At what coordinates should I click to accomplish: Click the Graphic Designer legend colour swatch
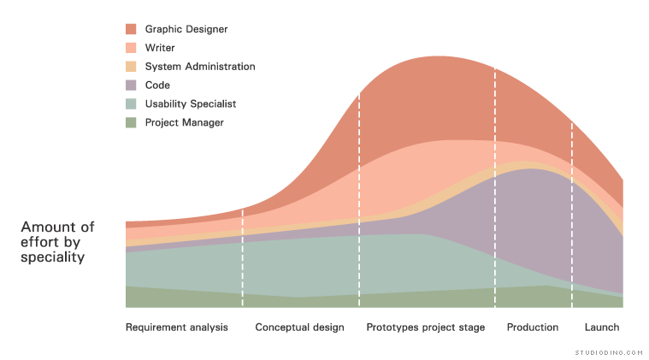coord(131,29)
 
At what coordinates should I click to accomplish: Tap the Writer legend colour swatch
coord(131,48)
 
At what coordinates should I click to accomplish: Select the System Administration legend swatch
coord(131,67)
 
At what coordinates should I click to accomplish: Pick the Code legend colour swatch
coord(131,86)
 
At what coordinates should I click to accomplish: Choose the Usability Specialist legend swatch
coord(131,104)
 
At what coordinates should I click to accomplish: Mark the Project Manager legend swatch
coord(131,123)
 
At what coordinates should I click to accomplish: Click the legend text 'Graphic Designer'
coord(186,29)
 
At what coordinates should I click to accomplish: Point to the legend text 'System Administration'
coord(200,67)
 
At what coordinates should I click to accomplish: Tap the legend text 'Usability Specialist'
coord(191,104)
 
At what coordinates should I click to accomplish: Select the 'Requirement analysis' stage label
coord(177,328)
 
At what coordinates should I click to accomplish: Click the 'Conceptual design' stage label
coord(299,328)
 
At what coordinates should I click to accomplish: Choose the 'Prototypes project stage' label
coord(425,328)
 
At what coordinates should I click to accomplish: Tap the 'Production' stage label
coord(532,328)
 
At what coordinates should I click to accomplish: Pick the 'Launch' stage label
coord(602,328)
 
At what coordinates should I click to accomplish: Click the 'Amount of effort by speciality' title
coord(57,241)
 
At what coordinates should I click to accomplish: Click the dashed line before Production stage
coord(495,188)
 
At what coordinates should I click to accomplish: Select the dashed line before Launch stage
coord(571,214)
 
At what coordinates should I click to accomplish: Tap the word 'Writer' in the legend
coord(160,48)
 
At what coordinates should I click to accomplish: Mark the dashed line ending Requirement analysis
coord(243,257)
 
